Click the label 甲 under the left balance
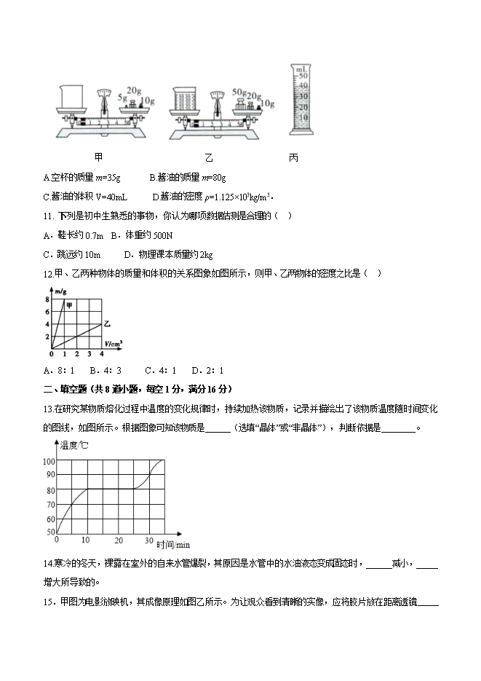(x=98, y=157)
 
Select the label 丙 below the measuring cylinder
(x=293, y=157)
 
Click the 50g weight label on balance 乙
(x=239, y=92)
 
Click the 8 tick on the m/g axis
(x=47, y=299)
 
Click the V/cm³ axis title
(x=113, y=342)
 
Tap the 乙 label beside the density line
(x=108, y=323)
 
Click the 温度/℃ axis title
(x=73, y=445)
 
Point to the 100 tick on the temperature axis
(x=49, y=462)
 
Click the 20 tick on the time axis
(x=118, y=540)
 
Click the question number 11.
(x=49, y=216)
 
